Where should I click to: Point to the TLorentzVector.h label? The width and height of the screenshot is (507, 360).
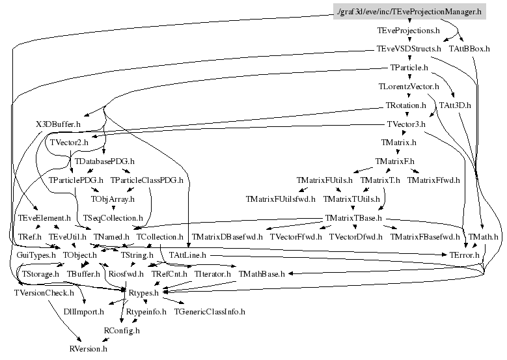409,86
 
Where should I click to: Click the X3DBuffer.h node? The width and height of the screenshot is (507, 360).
58,123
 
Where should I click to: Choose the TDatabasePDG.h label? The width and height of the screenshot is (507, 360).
105,160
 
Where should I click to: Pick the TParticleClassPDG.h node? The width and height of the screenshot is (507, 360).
146,179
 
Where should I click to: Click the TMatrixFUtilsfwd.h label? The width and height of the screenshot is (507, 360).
280,198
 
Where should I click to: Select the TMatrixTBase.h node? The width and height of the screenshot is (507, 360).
353,217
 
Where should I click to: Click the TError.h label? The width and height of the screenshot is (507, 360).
466,255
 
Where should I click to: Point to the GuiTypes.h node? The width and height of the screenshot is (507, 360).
36,255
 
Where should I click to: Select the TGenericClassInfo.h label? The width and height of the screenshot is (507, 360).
210,312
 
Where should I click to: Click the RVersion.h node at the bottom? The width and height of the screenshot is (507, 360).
89,350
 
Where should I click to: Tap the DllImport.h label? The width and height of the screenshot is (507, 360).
83,312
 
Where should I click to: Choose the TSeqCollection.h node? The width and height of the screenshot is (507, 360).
113,217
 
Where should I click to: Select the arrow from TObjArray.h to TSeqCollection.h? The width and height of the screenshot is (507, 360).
113,208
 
